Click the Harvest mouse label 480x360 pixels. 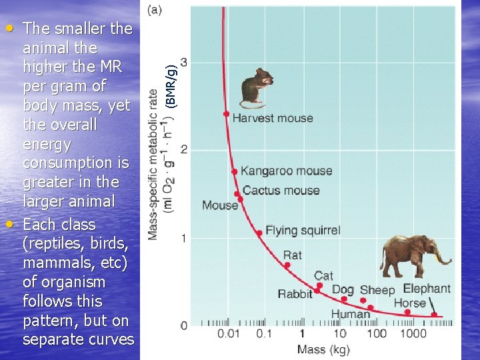tap(272, 118)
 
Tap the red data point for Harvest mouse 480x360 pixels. tap(227, 114)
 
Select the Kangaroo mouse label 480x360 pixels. tap(286, 171)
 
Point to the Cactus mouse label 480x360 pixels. tap(281, 190)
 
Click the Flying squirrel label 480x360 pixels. tap(303, 231)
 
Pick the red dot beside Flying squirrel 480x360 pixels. tap(259, 233)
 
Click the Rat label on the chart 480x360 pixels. tap(292, 255)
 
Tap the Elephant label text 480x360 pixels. tap(427, 289)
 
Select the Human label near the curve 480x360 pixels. tap(350, 314)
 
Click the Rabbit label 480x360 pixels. tap(295, 294)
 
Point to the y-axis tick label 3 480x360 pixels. tap(183, 62)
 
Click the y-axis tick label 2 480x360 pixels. tap(183, 149)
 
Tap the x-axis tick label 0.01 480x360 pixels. tap(229, 333)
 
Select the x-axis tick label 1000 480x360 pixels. tap(413, 333)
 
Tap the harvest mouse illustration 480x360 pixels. tap(255, 87)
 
